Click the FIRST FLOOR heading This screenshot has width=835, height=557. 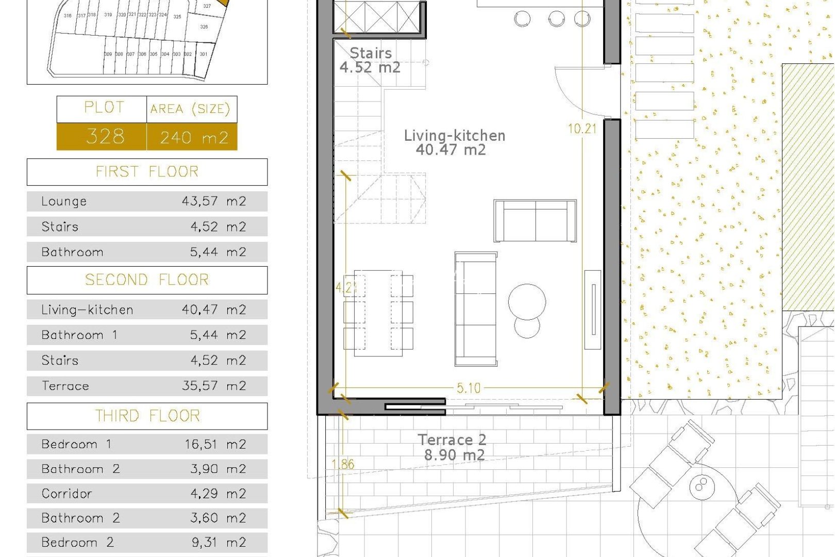(147, 172)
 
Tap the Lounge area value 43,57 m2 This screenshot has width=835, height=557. (213, 201)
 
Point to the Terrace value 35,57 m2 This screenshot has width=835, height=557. (213, 386)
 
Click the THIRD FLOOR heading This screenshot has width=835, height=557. (147, 416)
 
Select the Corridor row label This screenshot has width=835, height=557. (67, 494)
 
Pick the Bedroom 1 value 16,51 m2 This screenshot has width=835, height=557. (215, 444)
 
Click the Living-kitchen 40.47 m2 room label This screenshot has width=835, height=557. (454, 142)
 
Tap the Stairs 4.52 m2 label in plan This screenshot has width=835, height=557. (370, 60)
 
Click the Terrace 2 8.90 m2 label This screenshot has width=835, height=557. (453, 447)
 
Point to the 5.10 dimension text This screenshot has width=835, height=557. (469, 388)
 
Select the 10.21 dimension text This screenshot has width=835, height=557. (582, 128)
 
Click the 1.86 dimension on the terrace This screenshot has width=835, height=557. (343, 464)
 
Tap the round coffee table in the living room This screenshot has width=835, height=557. (527, 302)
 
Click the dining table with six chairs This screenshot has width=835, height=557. (378, 313)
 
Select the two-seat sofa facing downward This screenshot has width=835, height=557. (535, 221)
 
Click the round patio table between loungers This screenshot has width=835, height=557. (701, 484)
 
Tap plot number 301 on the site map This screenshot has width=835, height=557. (204, 54)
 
